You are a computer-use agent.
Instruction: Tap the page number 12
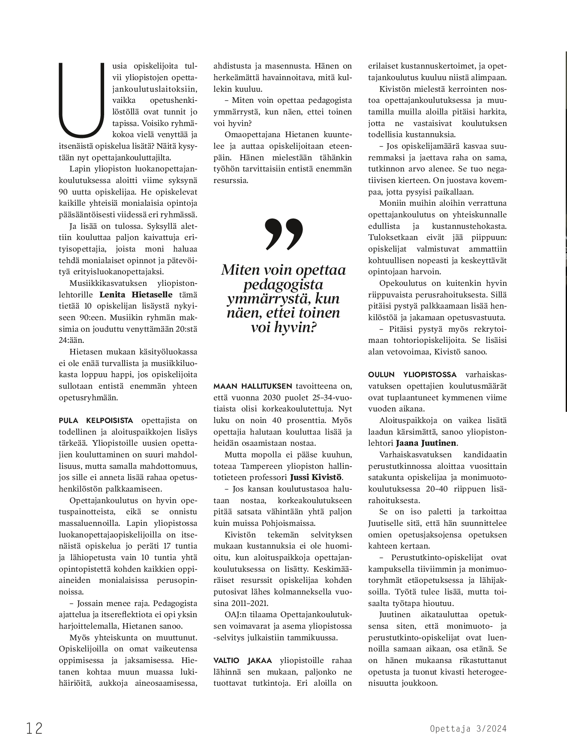point(34,729)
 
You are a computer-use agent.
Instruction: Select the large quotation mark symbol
point(283,234)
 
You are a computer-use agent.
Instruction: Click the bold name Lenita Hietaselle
point(136,295)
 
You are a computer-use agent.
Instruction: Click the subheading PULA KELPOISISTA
point(96,420)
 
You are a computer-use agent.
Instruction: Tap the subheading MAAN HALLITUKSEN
point(252,386)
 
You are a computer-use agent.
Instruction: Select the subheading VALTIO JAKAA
point(243,660)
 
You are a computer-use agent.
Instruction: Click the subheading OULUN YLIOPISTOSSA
point(412,375)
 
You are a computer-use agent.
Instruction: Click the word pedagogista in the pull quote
point(283,284)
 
